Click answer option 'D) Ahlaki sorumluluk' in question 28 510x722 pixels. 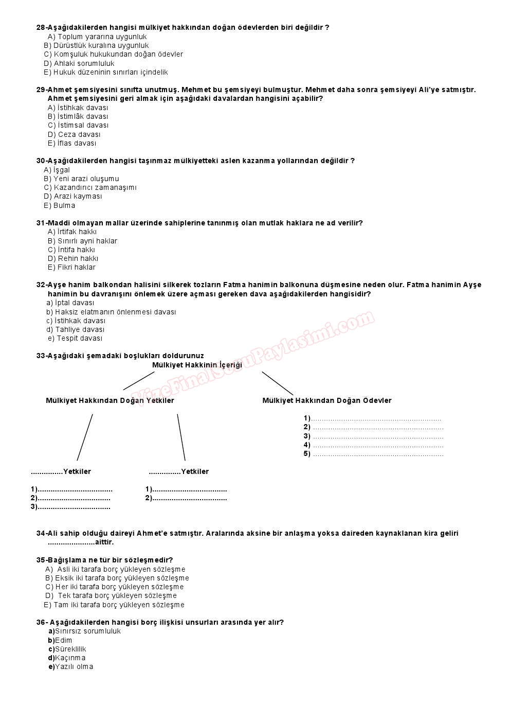click(x=79, y=63)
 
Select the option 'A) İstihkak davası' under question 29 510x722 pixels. click(x=78, y=108)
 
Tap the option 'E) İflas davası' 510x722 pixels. click(x=72, y=143)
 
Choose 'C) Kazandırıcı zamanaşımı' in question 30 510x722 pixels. click(x=90, y=187)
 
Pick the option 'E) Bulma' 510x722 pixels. click(x=59, y=205)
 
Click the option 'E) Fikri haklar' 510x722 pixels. click(x=71, y=267)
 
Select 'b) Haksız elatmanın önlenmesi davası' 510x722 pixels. click(x=111, y=312)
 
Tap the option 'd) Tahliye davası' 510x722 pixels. click(x=75, y=329)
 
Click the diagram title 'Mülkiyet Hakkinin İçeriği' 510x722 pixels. click(x=197, y=365)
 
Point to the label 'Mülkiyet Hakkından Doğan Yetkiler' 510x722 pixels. click(x=110, y=400)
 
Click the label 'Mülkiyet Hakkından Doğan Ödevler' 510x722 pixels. click(x=327, y=400)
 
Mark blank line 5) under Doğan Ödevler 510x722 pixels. click(x=377, y=454)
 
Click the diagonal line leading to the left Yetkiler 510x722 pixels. click(x=85, y=437)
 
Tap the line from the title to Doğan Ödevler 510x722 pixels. click(x=277, y=383)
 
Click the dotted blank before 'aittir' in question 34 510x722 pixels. click(x=71, y=542)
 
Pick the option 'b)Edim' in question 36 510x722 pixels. click(x=60, y=640)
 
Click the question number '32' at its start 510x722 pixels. click(x=41, y=285)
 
